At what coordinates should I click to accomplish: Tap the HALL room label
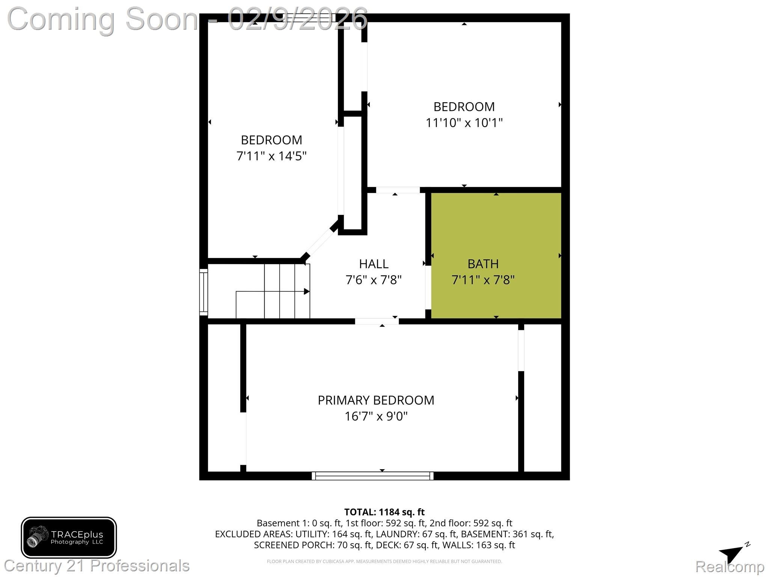click(373, 264)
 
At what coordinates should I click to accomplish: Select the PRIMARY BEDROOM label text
click(376, 400)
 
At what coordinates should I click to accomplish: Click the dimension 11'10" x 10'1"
click(464, 123)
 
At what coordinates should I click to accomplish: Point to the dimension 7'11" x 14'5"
click(271, 156)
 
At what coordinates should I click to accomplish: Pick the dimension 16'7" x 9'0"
click(376, 417)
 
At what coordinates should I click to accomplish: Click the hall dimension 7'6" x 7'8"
click(373, 280)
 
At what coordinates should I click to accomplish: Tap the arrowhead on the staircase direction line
click(307, 292)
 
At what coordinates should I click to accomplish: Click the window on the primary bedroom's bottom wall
click(372, 476)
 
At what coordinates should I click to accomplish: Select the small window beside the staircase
click(203, 292)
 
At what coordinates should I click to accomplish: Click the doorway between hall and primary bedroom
click(377, 321)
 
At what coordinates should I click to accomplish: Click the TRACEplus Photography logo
click(69, 538)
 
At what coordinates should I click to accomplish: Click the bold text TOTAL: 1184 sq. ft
click(384, 512)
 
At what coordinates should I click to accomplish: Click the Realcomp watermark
click(730, 566)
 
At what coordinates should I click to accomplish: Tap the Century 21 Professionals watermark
click(97, 566)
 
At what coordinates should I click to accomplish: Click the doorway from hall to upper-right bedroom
click(398, 190)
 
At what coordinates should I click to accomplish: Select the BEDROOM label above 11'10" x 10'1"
click(464, 107)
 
